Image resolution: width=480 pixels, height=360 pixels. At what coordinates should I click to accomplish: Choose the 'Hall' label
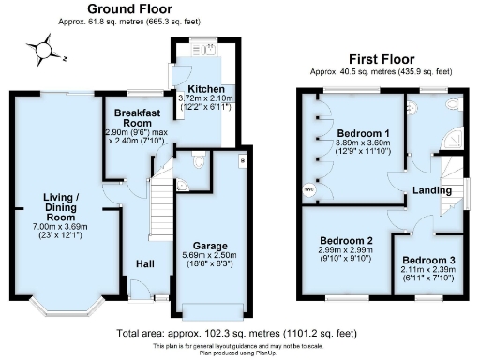pyautogui.click(x=144, y=263)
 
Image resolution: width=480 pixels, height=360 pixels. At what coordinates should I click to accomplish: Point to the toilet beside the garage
pyautogui.click(x=195, y=162)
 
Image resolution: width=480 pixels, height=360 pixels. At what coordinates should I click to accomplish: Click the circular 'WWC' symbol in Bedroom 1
pyautogui.click(x=309, y=188)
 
